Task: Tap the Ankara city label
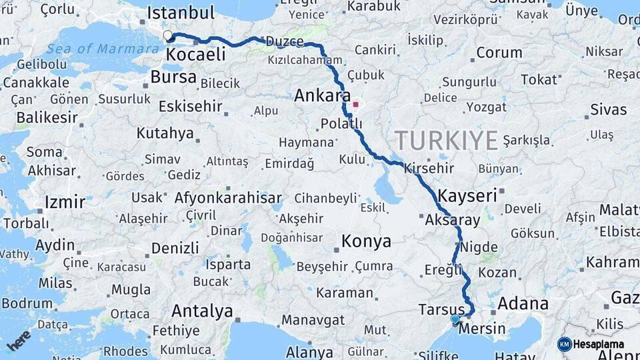click(x=322, y=96)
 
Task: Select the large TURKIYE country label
click(x=446, y=141)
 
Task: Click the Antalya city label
click(x=202, y=311)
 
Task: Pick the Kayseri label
click(x=468, y=195)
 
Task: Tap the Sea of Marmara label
click(x=95, y=49)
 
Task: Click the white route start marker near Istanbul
click(x=167, y=35)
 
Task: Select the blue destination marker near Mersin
click(x=455, y=320)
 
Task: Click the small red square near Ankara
click(x=355, y=104)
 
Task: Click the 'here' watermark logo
click(x=19, y=340)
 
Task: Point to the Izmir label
click(x=65, y=201)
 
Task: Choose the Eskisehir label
click(x=189, y=107)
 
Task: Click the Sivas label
click(x=608, y=109)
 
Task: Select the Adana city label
click(x=523, y=304)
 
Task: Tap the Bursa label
click(x=173, y=77)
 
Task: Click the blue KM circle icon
click(x=564, y=344)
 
